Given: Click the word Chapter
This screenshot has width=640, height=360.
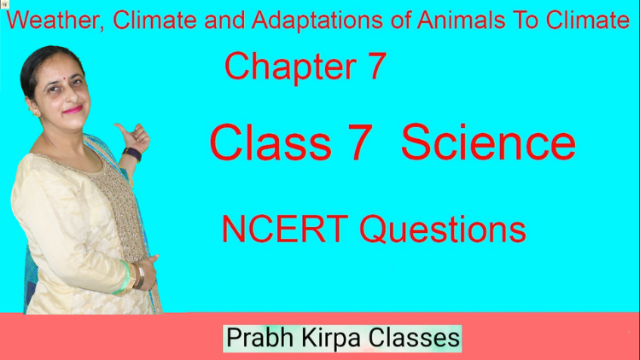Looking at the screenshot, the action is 290,67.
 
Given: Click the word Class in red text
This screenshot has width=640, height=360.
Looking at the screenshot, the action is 271,142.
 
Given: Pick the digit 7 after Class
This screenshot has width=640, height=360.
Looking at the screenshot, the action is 360,142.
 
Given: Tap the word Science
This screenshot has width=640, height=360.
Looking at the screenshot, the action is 488,142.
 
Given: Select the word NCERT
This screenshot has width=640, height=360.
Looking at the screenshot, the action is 285,229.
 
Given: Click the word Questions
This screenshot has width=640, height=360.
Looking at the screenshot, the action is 443,229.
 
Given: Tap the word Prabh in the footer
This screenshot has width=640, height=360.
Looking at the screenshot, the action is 260,339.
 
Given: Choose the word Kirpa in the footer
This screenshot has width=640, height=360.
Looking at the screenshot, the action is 331,339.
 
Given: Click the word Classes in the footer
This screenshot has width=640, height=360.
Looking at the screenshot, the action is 414,339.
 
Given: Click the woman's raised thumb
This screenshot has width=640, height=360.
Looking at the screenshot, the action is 121,130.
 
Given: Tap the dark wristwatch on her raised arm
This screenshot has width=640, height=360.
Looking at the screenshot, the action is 132,154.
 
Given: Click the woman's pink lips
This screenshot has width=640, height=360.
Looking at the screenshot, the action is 73,109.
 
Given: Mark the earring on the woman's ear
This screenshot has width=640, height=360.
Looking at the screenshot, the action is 35,113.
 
